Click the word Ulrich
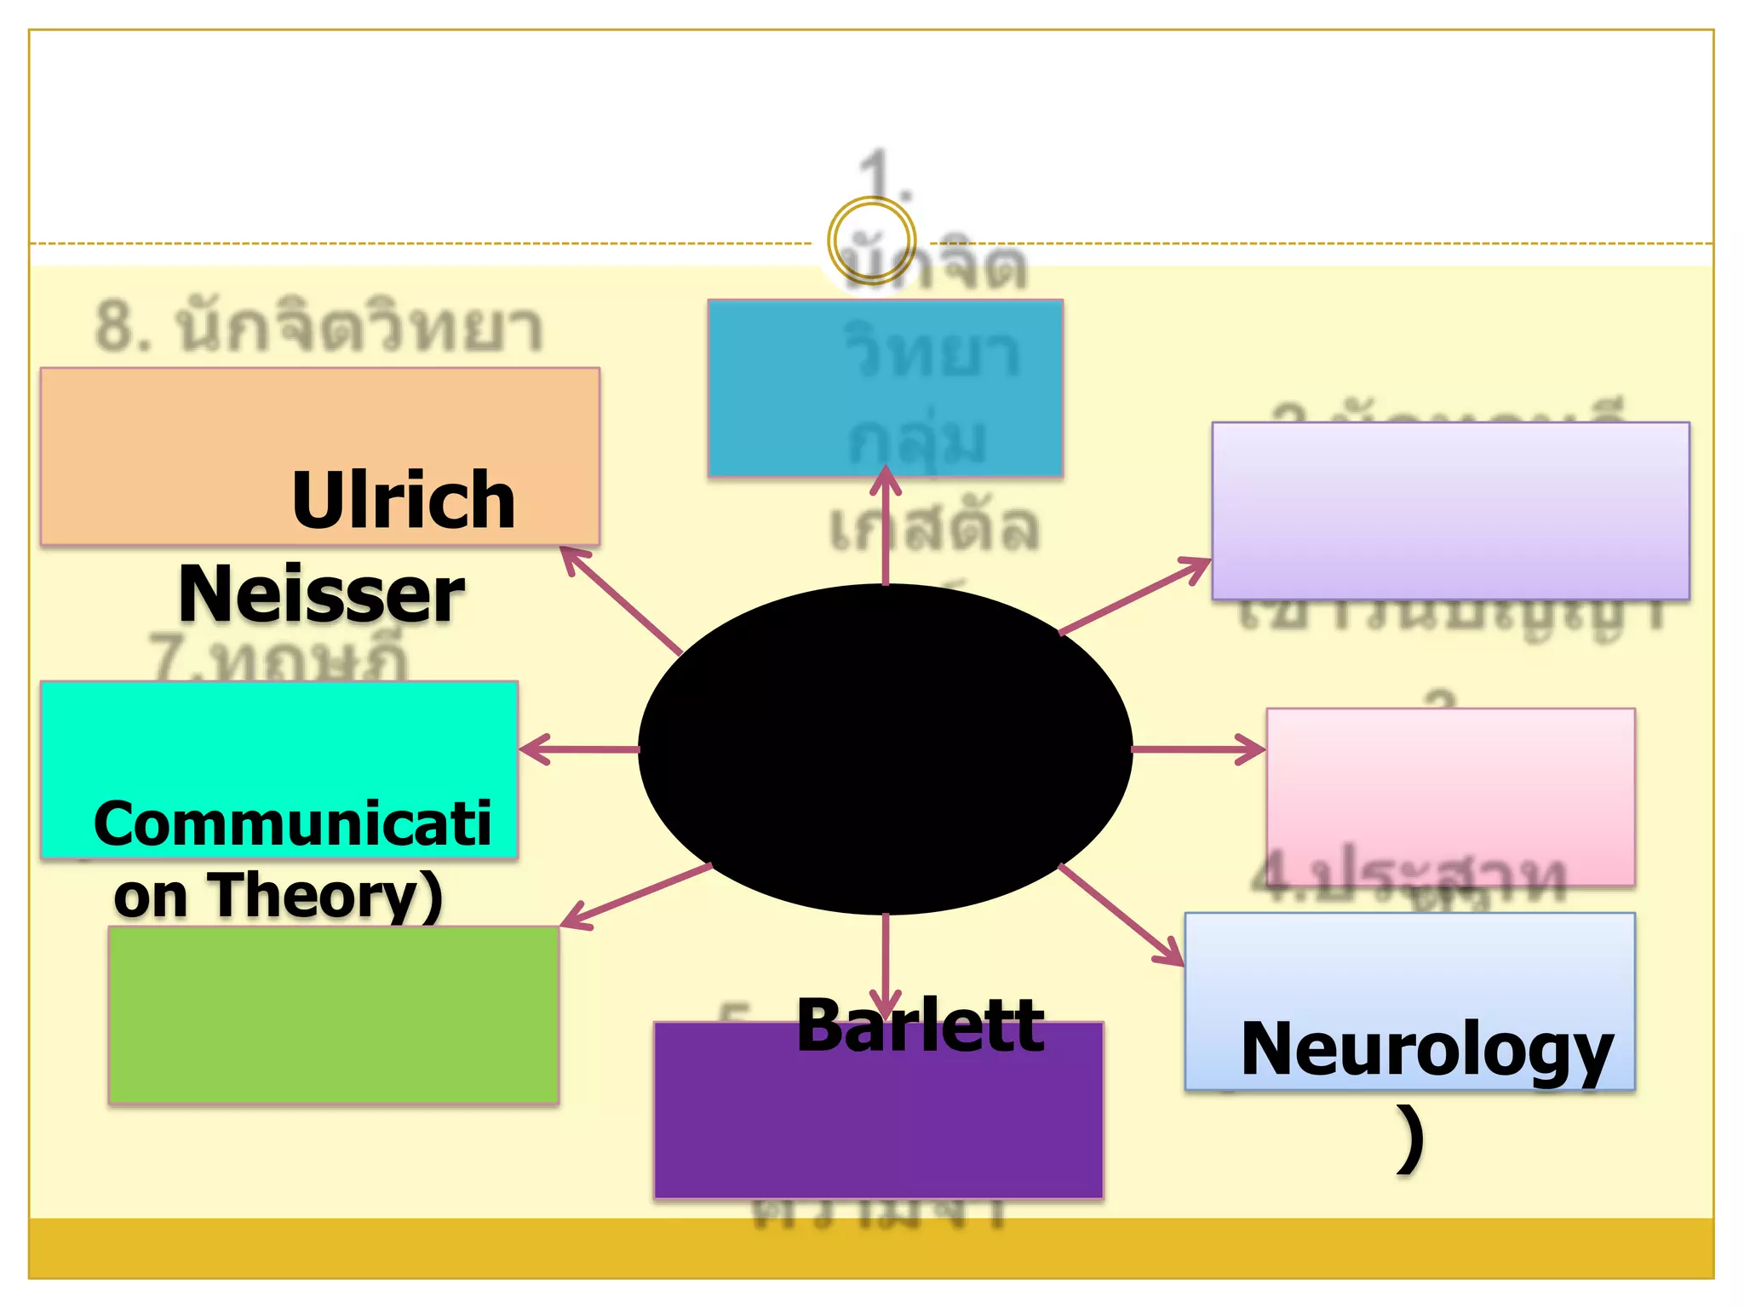(x=403, y=501)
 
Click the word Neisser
(x=321, y=594)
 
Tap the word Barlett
(x=920, y=1026)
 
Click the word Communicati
(x=292, y=824)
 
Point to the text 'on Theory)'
(x=278, y=896)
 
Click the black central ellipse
(x=885, y=749)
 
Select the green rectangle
(x=333, y=1015)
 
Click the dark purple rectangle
(x=878, y=1124)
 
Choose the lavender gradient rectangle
(x=1450, y=511)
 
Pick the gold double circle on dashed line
(x=871, y=241)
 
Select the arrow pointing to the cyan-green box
(x=579, y=749)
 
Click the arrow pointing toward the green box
(x=634, y=896)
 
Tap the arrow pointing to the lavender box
(x=1135, y=596)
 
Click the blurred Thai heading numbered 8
(x=318, y=328)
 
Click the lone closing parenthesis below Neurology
(x=1410, y=1139)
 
